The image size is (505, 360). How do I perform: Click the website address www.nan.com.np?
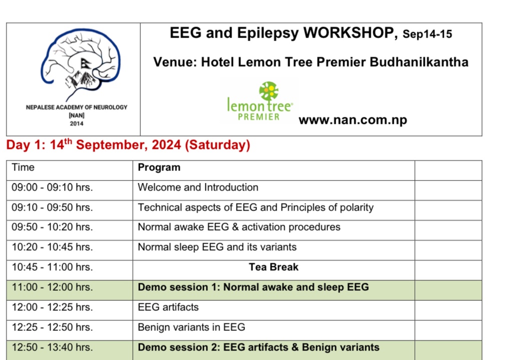click(x=353, y=120)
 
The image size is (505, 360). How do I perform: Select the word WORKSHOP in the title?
click(x=348, y=34)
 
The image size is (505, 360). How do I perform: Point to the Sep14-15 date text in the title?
click(x=427, y=35)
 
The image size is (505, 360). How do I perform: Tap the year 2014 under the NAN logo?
click(x=77, y=123)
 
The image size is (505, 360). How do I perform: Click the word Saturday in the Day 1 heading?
click(x=217, y=145)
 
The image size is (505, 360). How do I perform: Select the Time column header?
click(x=23, y=167)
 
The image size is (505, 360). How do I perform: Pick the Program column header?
click(x=159, y=167)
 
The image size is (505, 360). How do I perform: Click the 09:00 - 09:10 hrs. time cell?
click(x=52, y=188)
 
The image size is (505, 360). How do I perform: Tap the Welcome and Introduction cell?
click(x=198, y=188)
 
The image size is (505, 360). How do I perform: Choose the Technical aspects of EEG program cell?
click(x=256, y=207)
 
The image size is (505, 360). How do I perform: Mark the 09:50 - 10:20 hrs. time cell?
click(x=52, y=227)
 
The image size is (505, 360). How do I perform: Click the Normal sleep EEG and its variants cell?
click(x=217, y=247)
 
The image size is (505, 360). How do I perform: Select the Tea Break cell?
click(x=274, y=267)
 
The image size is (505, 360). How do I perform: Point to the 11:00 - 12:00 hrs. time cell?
click(x=52, y=287)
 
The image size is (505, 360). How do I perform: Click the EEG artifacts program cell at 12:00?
click(x=168, y=307)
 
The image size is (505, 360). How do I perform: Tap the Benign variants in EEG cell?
click(x=191, y=327)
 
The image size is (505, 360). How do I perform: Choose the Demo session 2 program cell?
click(x=259, y=347)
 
